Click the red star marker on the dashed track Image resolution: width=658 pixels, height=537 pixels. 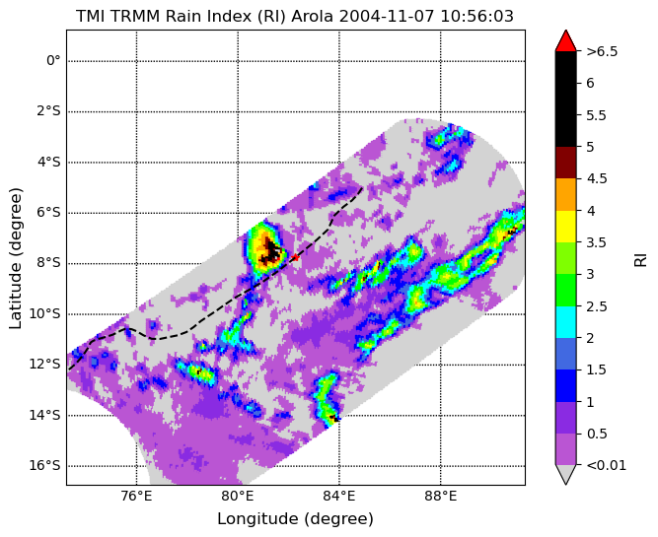(x=295, y=257)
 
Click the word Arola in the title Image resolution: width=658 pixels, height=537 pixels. (x=312, y=17)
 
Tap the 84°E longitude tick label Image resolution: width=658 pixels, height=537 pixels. (x=339, y=497)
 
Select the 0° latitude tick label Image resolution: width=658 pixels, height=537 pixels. (x=53, y=61)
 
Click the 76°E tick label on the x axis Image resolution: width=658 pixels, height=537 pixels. (x=136, y=497)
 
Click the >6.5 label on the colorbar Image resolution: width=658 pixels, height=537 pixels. (x=602, y=51)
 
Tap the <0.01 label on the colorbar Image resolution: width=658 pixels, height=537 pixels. (x=607, y=465)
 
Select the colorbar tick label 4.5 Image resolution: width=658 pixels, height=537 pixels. (x=597, y=178)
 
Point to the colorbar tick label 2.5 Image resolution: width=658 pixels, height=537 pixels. (x=597, y=306)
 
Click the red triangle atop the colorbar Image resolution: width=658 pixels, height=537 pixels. (x=565, y=40)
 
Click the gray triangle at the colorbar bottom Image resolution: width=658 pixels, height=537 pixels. (x=565, y=475)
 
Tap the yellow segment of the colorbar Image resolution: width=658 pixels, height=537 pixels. (x=565, y=227)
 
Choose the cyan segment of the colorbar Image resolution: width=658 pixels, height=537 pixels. (x=565, y=322)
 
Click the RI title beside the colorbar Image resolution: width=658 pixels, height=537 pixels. (x=640, y=258)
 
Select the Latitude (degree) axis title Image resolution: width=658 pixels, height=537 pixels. (x=15, y=258)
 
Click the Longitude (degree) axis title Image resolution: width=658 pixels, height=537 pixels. (x=295, y=519)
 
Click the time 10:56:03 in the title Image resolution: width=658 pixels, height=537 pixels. (x=477, y=17)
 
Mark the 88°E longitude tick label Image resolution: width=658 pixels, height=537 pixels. (x=441, y=497)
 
